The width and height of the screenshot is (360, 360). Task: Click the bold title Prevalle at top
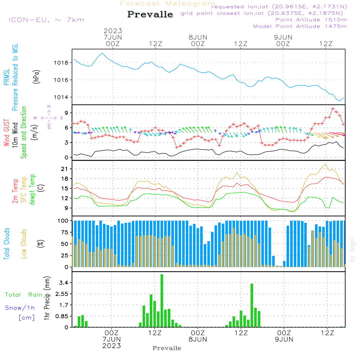click(150, 14)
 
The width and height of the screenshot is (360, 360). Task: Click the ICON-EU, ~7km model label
click(46, 20)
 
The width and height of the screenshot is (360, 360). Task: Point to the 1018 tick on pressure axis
click(61, 63)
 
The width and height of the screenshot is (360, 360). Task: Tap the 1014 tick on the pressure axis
click(61, 97)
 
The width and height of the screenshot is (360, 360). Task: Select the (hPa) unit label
click(36, 77)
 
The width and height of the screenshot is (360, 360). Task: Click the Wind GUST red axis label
click(6, 133)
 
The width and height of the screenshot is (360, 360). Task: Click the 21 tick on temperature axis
click(64, 169)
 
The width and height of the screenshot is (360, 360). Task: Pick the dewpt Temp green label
click(32, 189)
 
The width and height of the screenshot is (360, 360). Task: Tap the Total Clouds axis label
click(6, 244)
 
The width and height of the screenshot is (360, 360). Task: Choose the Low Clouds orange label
click(23, 244)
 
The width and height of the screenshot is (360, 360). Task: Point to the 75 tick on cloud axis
click(64, 232)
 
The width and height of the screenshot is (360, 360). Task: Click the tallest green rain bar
click(162, 301)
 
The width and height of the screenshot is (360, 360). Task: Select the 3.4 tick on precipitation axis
click(64, 283)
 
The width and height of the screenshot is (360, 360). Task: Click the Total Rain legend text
click(24, 295)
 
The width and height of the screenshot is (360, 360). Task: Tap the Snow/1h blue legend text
click(20, 308)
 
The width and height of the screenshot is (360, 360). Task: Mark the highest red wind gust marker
click(333, 109)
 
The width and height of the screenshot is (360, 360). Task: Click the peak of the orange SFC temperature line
click(325, 165)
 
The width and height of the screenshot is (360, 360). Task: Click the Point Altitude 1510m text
click(311, 20)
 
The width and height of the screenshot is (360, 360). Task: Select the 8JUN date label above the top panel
click(198, 37)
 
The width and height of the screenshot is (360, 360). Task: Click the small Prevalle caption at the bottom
click(167, 348)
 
